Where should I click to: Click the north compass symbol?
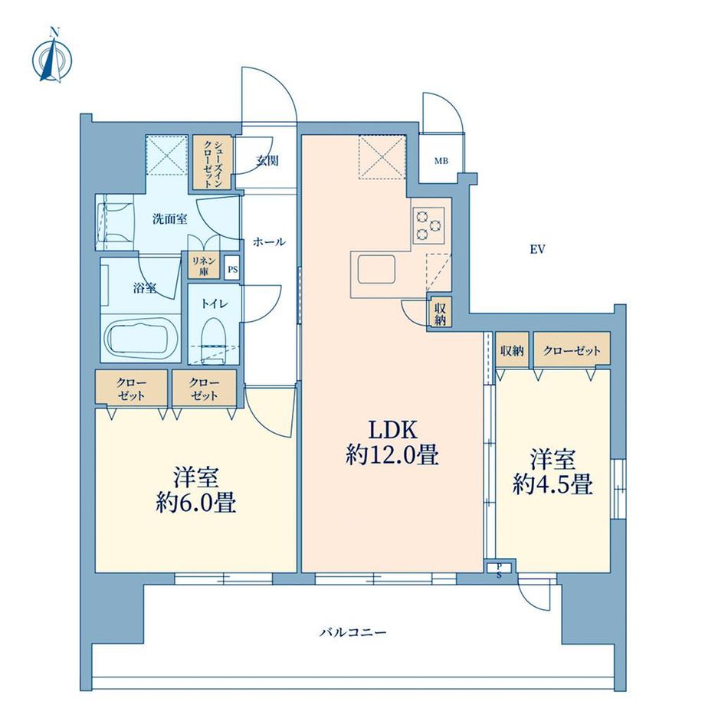click(x=52, y=56)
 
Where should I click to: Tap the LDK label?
click(x=393, y=430)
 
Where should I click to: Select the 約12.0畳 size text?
click(x=392, y=456)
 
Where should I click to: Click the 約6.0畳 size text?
click(x=196, y=503)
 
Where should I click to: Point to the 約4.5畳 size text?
click(x=553, y=484)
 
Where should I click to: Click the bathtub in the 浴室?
click(x=139, y=338)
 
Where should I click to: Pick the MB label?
click(x=441, y=161)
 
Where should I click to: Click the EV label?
click(x=537, y=249)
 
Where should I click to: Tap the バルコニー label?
click(x=353, y=633)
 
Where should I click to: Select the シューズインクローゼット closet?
click(x=213, y=162)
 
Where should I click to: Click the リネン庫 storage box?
click(x=204, y=266)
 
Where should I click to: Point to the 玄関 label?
click(x=267, y=160)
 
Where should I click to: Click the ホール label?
click(x=269, y=242)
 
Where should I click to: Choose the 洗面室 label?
click(x=169, y=219)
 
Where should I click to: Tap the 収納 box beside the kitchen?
click(x=440, y=311)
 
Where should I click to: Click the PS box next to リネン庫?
click(x=232, y=270)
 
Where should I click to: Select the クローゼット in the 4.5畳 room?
click(x=572, y=350)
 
